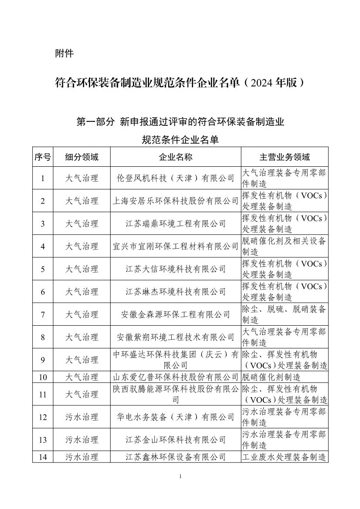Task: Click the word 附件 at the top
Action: click(64, 54)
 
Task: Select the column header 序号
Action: click(43, 157)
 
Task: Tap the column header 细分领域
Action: click(82, 157)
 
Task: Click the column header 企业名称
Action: click(176, 157)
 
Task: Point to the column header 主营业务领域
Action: click(285, 157)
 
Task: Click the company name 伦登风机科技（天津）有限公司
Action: click(176, 178)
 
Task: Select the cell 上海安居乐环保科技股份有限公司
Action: click(176, 201)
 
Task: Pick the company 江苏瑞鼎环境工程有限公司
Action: click(176, 224)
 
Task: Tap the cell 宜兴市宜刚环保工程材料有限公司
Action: click(176, 246)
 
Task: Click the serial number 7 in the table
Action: click(43, 314)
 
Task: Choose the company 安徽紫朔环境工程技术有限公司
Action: click(176, 337)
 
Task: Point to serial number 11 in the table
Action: click(43, 394)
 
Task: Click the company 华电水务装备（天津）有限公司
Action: click(176, 417)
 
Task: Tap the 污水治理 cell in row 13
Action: click(82, 440)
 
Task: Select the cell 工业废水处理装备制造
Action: click(284, 457)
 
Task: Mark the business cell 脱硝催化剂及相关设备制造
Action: click(284, 246)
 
